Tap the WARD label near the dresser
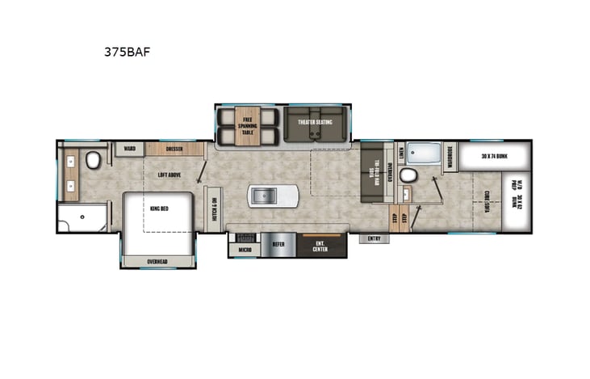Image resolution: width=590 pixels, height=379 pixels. (129, 149)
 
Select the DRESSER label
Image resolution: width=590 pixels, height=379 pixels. (174, 149)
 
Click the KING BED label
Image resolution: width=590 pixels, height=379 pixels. (157, 209)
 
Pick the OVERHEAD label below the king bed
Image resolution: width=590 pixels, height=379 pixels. (158, 261)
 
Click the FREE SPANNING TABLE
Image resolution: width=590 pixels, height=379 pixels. (249, 124)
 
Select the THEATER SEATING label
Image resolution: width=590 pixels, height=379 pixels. (315, 122)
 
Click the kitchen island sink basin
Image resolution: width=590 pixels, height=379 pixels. (266, 195)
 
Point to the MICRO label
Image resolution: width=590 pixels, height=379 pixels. (244, 251)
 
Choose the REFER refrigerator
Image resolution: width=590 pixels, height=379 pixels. (278, 242)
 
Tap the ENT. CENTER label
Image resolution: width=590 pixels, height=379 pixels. (321, 246)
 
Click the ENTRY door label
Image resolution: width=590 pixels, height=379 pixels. (374, 238)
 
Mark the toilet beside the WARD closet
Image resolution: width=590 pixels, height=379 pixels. (94, 159)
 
